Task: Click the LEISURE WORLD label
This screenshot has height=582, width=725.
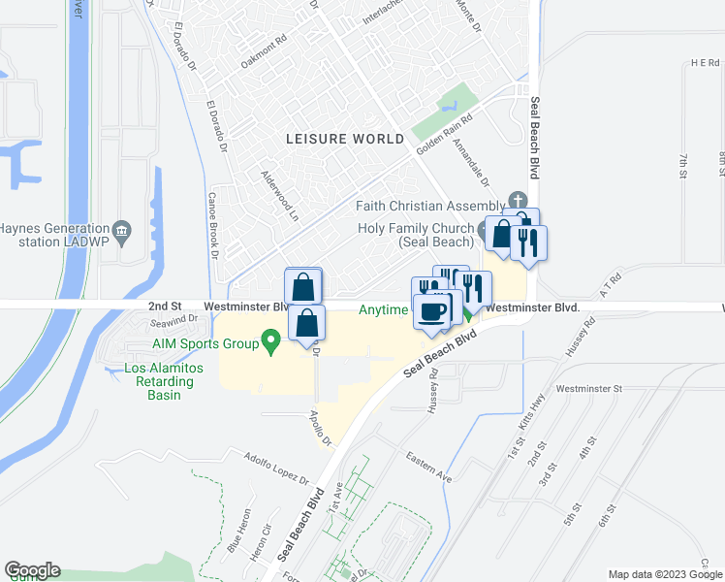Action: point(345,139)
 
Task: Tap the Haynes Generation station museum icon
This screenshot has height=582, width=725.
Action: point(122,230)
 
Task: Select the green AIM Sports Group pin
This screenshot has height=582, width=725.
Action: point(271,341)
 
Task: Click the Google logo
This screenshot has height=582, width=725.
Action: point(32,570)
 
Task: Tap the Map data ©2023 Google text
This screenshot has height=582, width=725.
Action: point(664,573)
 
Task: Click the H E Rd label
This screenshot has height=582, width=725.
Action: point(705,62)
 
